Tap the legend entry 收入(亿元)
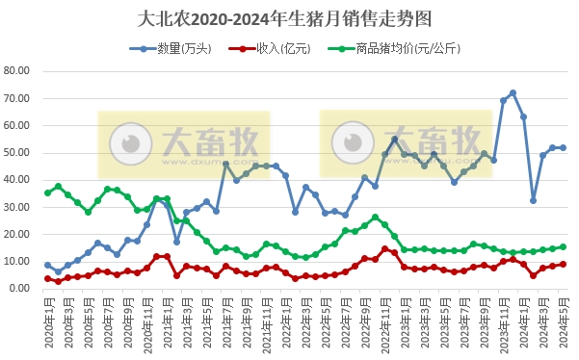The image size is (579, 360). click(x=270, y=47)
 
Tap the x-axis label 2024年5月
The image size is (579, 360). click(x=562, y=318)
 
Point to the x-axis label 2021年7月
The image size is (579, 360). click(x=224, y=318)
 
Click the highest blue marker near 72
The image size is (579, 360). click(x=513, y=93)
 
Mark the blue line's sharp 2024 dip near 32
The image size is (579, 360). click(x=533, y=200)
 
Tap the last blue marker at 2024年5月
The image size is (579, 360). click(x=563, y=147)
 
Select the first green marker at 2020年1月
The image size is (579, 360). click(x=47, y=193)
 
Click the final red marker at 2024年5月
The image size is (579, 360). click(x=563, y=264)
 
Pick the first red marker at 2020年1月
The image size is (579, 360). click(x=47, y=278)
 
